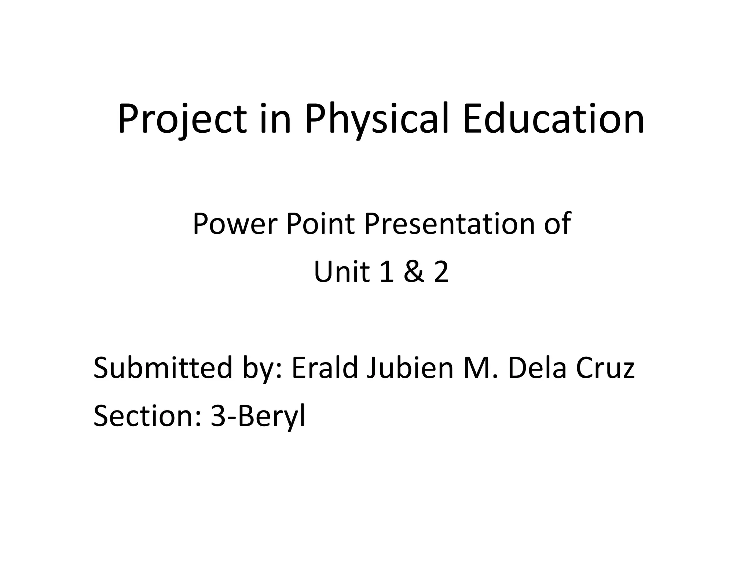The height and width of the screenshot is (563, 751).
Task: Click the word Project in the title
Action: point(182,119)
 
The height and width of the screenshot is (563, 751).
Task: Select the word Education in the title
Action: point(553,119)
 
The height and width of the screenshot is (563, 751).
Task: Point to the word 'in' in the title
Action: point(275,119)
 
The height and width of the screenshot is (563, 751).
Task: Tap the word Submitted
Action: point(163,368)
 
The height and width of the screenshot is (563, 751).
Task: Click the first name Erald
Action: point(325,368)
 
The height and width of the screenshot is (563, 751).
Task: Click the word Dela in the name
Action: point(538,368)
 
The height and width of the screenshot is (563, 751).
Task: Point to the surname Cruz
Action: point(605,368)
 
